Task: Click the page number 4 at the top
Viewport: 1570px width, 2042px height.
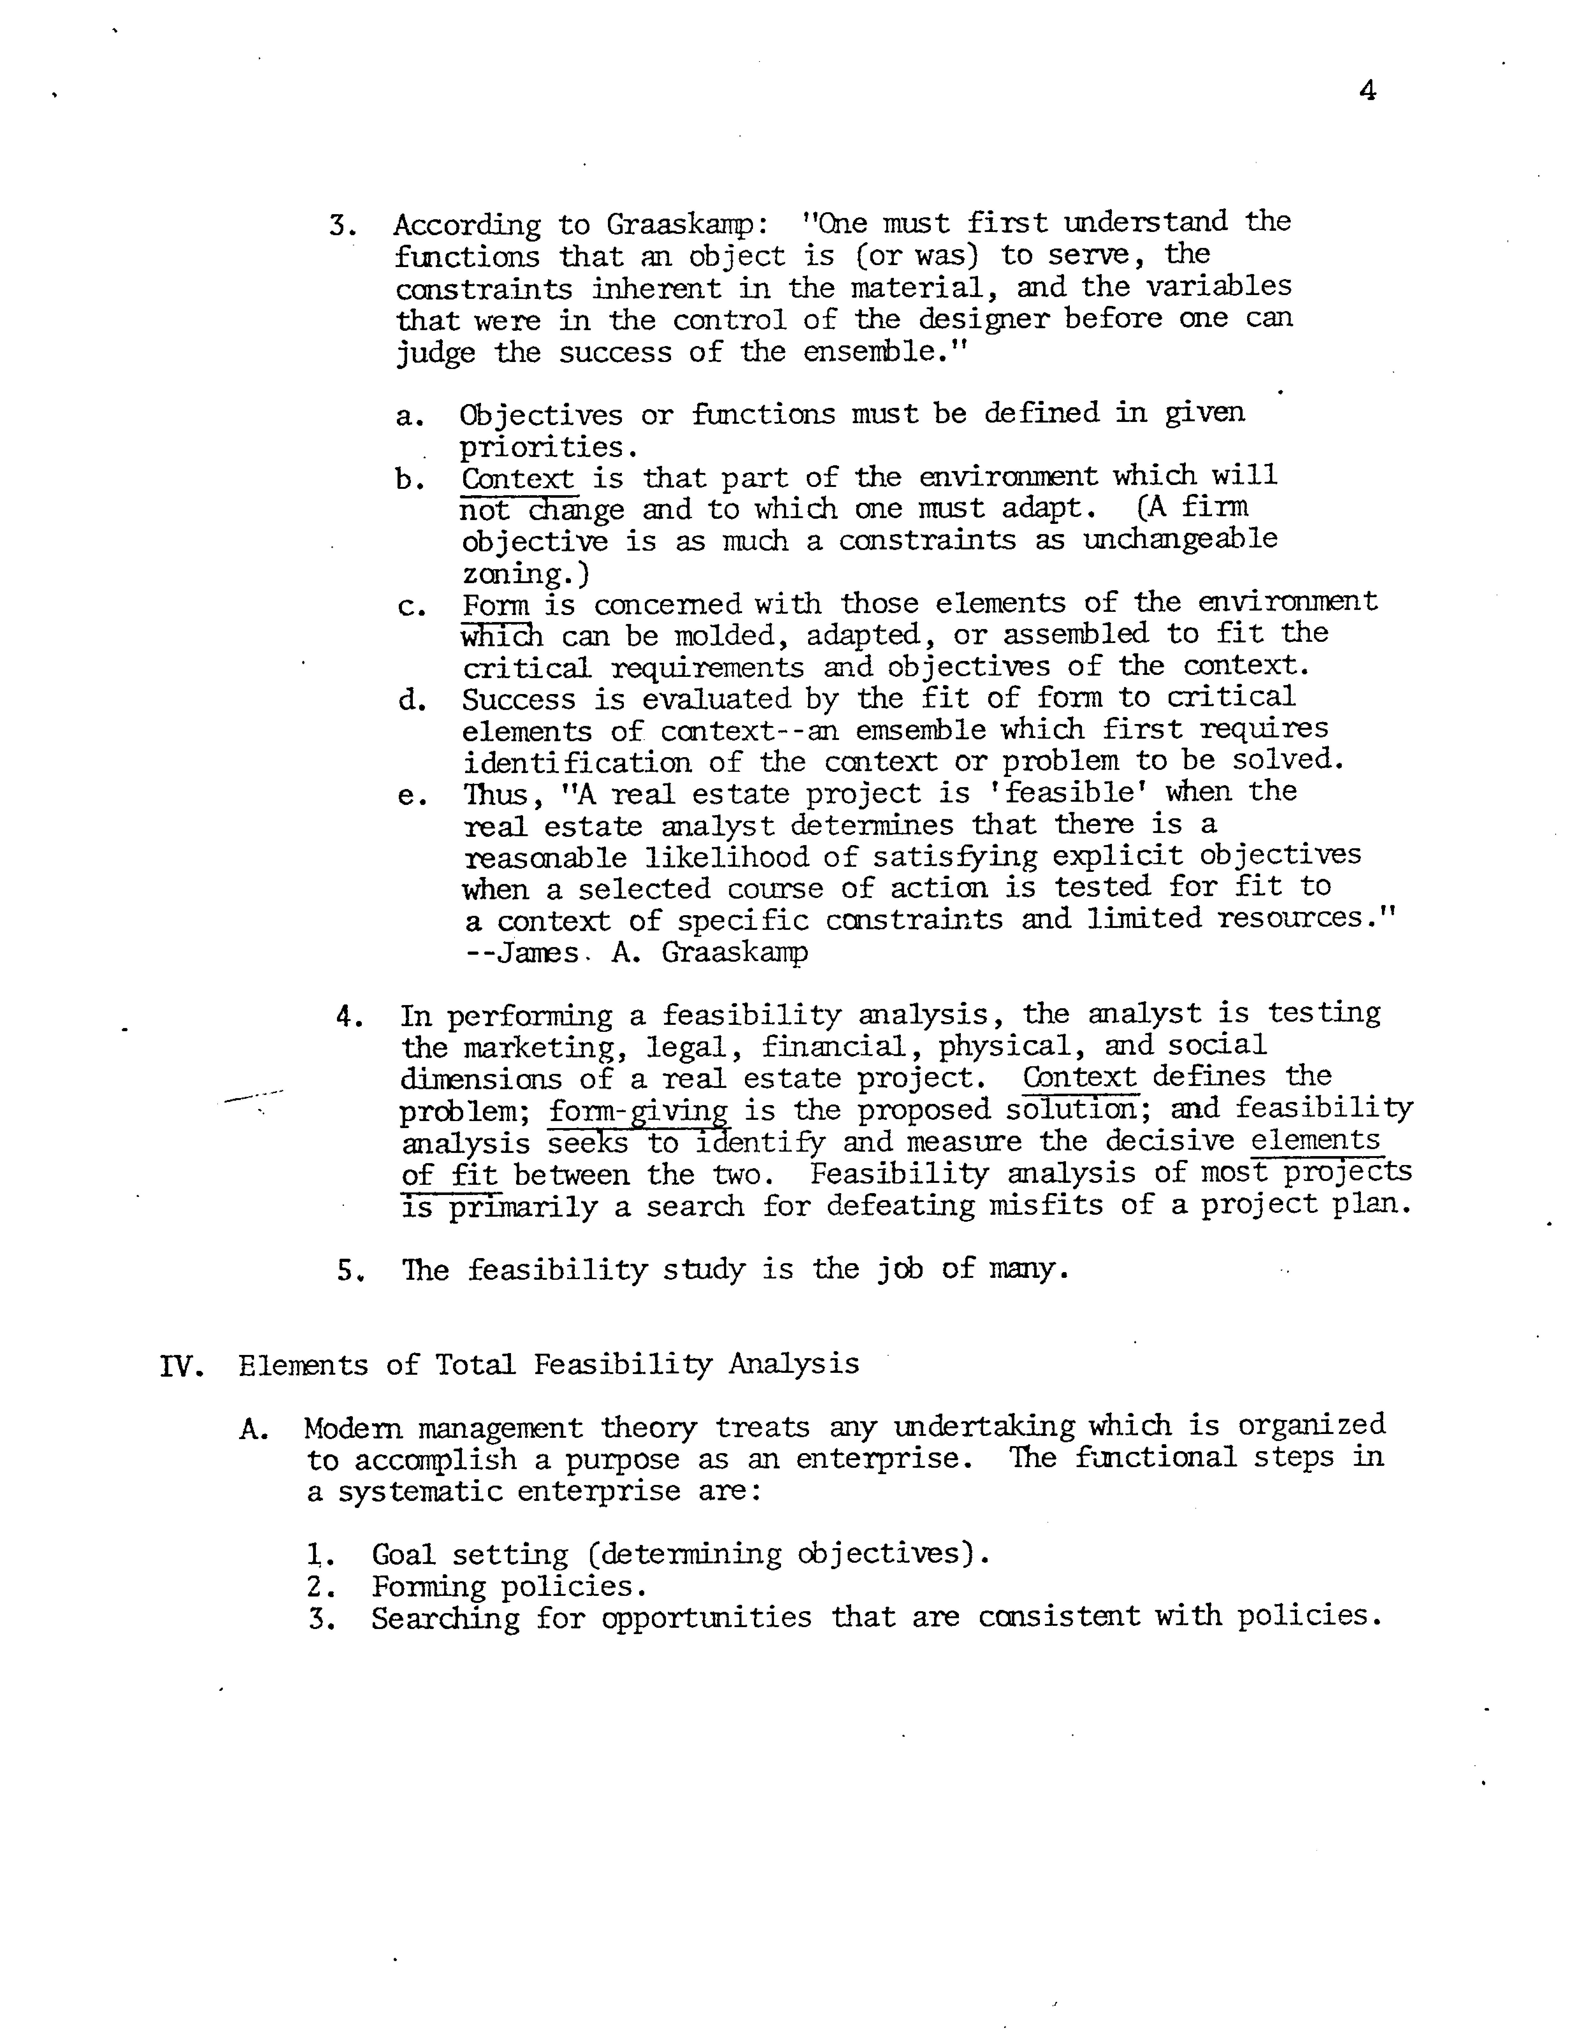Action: click(1367, 91)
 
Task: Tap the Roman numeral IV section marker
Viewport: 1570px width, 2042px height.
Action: click(180, 1366)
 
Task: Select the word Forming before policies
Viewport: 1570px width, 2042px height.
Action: click(428, 1586)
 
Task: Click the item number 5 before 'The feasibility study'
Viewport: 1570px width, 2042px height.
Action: click(348, 1271)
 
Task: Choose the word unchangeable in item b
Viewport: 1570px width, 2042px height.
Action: click(1179, 540)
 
